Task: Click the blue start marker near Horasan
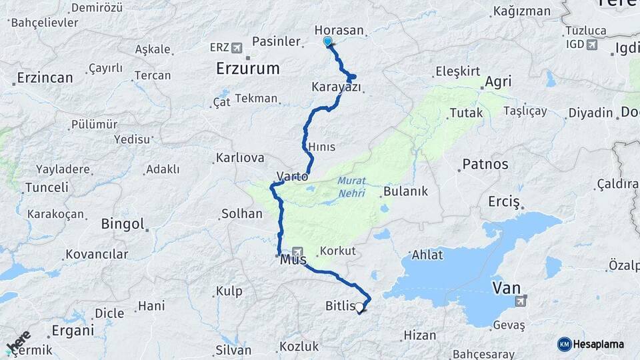327,41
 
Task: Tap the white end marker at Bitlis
359,307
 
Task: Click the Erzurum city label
247,68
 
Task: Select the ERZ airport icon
236,47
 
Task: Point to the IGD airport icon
591,45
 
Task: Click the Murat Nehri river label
351,185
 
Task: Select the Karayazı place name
336,87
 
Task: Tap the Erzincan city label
45,77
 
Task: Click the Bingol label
123,224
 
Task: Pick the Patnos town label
485,164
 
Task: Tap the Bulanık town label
405,192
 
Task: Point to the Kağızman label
522,11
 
